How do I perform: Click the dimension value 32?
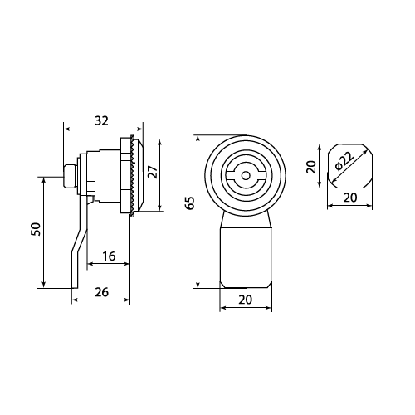(101, 120)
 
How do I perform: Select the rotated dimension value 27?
(153, 172)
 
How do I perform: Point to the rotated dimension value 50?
(36, 229)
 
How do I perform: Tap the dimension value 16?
(109, 256)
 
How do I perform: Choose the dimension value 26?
(102, 292)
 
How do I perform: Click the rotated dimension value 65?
(190, 203)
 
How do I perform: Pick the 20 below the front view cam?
(246, 300)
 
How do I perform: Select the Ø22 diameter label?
(344, 162)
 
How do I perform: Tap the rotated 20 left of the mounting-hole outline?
(311, 167)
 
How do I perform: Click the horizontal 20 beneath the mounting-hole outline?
(350, 198)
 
